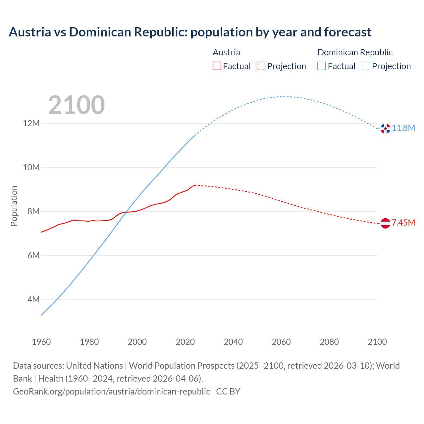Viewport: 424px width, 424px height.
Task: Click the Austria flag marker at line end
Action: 385,223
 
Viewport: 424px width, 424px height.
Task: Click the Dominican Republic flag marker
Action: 385,129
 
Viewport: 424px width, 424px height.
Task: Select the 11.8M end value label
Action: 403,128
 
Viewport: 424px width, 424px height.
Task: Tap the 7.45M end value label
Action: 403,223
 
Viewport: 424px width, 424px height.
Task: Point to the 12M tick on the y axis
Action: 31,124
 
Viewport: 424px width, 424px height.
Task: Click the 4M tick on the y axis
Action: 33,300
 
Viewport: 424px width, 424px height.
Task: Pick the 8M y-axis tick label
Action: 33,212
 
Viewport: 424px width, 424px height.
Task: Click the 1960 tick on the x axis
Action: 41,342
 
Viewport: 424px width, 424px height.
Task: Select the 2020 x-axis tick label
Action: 185,342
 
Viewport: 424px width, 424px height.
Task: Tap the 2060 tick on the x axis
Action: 281,342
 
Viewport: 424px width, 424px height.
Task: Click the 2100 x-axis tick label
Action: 377,342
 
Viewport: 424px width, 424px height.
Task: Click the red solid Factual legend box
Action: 217,66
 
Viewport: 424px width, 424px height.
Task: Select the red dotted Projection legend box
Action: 261,66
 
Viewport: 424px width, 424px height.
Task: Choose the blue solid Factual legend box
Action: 322,66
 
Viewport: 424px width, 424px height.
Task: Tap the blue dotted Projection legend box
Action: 366,66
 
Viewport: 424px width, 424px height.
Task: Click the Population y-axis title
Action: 14,206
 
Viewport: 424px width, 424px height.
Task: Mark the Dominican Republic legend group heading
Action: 355,52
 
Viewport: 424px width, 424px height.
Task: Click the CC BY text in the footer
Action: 228,392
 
